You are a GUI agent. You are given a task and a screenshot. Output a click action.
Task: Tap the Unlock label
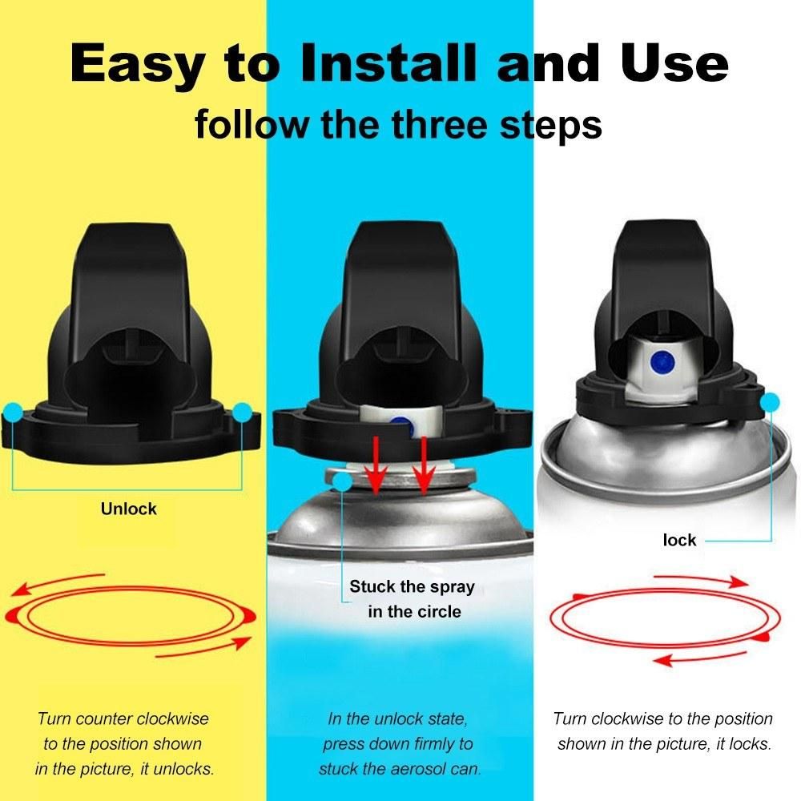(129, 509)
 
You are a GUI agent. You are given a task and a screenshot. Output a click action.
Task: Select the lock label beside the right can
(679, 540)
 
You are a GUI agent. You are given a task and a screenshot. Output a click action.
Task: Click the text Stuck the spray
(412, 586)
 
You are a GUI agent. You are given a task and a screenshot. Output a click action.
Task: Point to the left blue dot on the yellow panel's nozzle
(13, 412)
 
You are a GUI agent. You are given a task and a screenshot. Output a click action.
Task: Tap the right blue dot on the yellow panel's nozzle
(242, 413)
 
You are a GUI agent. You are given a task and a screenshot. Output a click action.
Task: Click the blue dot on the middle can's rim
(342, 481)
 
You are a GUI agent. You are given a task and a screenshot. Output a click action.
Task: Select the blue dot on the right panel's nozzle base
(770, 403)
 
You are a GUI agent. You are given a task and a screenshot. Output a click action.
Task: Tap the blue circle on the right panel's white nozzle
(662, 362)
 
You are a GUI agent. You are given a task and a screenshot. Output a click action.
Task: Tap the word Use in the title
(674, 63)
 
